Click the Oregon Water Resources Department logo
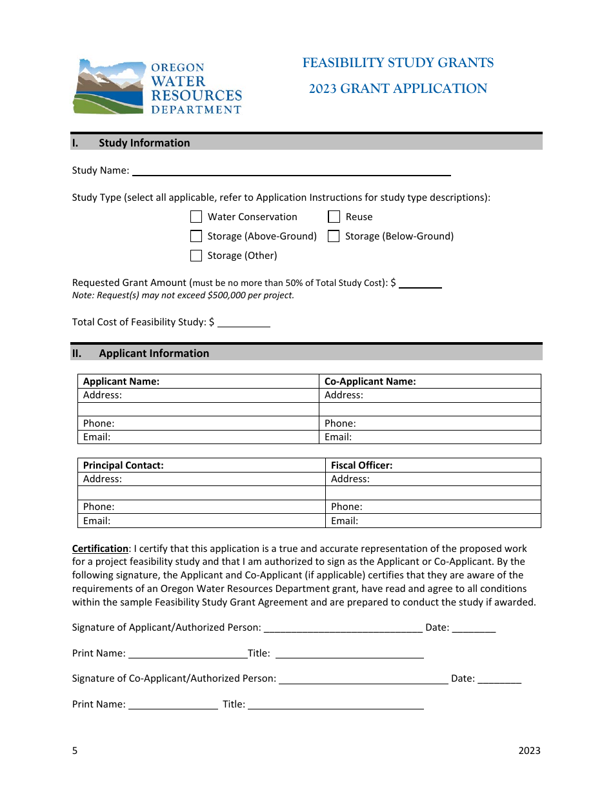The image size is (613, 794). (157, 87)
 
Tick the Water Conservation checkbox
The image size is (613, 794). (196, 217)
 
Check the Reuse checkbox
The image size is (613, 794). (334, 217)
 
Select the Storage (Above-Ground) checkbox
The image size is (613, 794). (196, 236)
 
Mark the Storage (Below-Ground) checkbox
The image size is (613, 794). (334, 236)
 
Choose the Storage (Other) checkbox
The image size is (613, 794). (196, 256)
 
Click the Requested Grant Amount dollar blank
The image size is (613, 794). (420, 283)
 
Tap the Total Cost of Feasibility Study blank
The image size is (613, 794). (243, 322)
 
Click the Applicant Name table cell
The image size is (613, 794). (198, 382)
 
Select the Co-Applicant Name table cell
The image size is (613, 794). (430, 382)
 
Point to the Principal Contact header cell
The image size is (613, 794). (201, 465)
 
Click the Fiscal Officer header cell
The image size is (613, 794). (433, 465)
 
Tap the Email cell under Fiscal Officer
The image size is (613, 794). (433, 521)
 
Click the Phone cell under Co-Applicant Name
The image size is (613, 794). (430, 423)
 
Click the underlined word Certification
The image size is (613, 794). (100, 549)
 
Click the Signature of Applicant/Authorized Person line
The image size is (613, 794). (343, 628)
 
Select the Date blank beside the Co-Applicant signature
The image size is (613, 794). (499, 679)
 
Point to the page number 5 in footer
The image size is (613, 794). (75, 750)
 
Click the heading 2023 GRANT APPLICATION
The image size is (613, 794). (398, 89)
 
